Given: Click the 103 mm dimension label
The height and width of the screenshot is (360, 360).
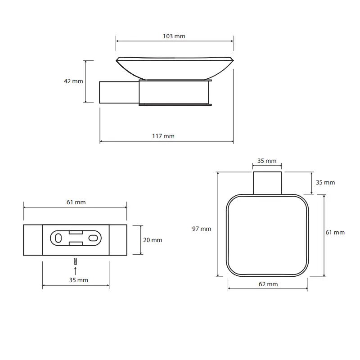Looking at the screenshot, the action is pos(174,36).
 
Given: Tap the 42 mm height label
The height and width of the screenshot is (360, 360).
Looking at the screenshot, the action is pos(73,81).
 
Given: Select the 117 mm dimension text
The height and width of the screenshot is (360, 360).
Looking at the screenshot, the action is pos(163,136).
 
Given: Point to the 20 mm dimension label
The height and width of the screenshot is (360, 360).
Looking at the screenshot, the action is pos(153,240).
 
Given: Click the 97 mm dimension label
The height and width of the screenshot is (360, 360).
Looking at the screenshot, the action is pos(202,229).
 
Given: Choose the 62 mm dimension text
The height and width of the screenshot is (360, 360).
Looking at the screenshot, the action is pos(268,284).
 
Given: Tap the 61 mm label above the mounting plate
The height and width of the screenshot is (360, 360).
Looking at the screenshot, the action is pos(76,202).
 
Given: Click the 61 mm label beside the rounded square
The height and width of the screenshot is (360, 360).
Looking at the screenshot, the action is pos(335,233).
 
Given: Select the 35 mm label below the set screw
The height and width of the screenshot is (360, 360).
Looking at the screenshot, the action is pos(79,280).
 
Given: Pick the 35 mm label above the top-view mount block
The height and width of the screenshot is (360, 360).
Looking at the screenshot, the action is pos(267,161).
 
